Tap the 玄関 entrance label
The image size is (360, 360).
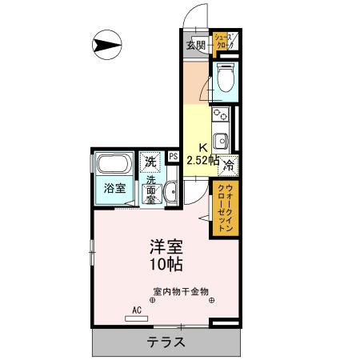pyautogui.click(x=195, y=45)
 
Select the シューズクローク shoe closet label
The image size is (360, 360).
pyautogui.click(x=224, y=43)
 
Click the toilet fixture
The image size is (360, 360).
pyautogui.click(x=226, y=79)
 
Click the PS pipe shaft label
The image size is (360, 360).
pyautogui.click(x=173, y=157)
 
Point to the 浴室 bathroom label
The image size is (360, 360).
pyautogui.click(x=114, y=189)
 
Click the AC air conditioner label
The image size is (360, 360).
pyautogui.click(x=136, y=310)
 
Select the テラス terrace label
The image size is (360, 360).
pyautogui.click(x=166, y=342)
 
